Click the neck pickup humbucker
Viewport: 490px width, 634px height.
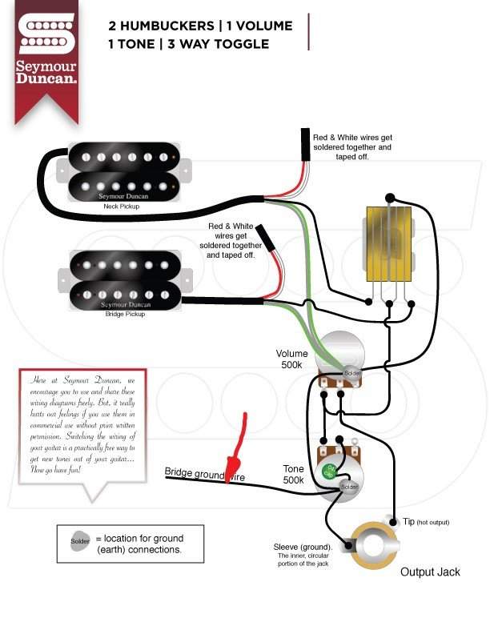tap(123, 171)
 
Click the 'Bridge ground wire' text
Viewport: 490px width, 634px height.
tap(205, 476)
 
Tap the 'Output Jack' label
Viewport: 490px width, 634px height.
tap(429, 572)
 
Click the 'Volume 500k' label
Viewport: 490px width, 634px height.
tap(291, 359)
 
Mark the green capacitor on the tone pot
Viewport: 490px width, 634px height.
tap(328, 472)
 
